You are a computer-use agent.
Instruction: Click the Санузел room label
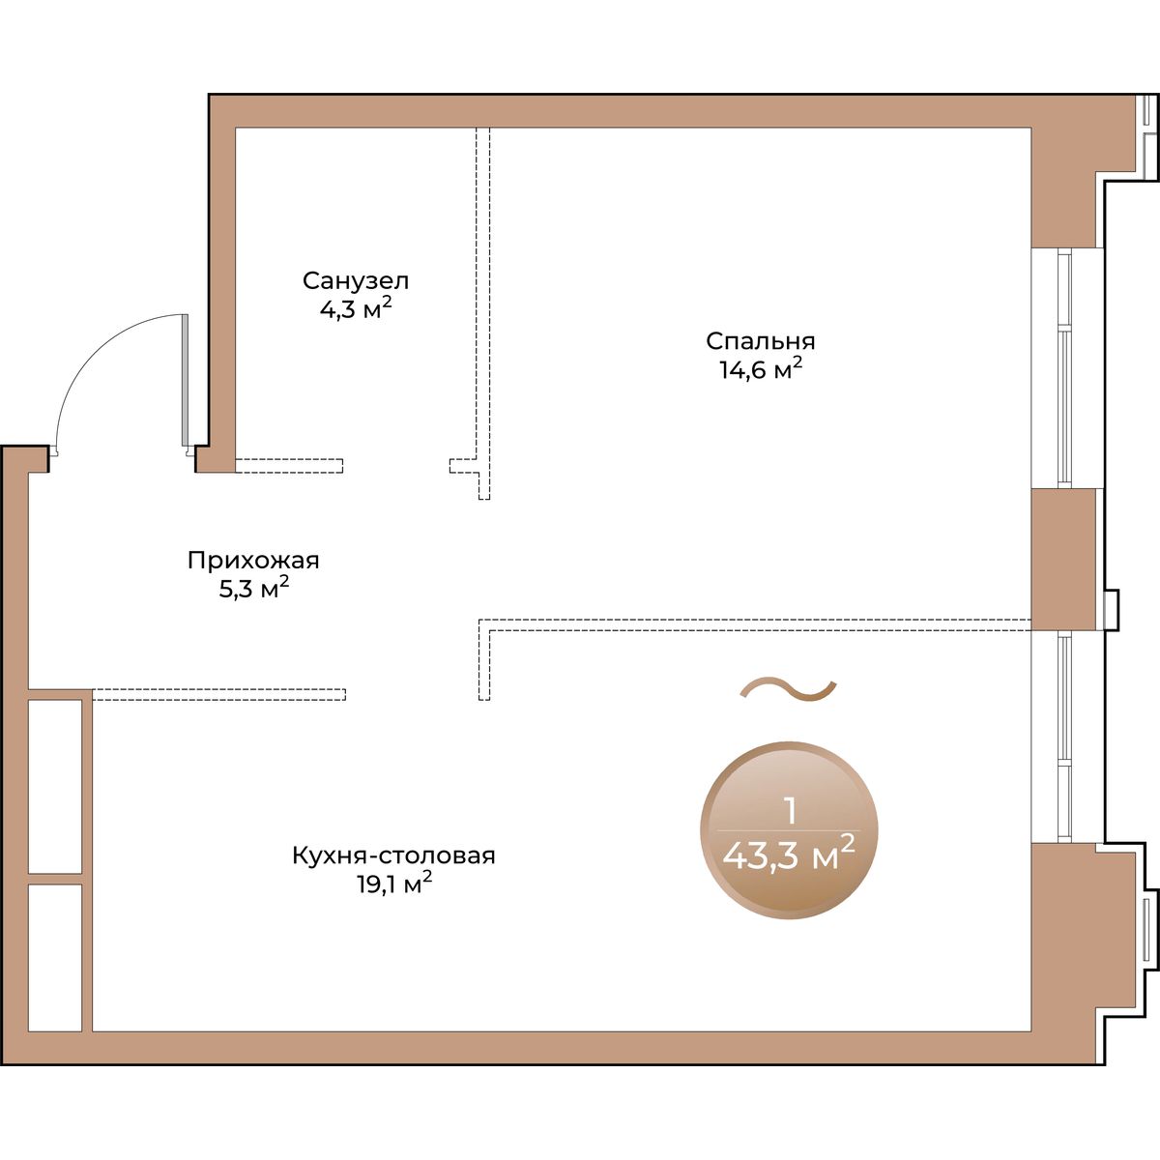[356, 280]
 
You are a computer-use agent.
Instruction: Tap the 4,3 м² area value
[356, 308]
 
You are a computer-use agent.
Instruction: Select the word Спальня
[761, 341]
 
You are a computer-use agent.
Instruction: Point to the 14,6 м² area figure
[761, 369]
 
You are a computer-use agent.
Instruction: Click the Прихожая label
[253, 561]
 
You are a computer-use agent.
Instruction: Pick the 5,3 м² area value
[253, 588]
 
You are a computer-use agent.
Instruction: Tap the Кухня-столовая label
[393, 855]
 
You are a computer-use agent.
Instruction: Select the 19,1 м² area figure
[394, 884]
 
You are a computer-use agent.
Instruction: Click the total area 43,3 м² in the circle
[789, 855]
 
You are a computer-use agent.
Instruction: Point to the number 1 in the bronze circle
[791, 812]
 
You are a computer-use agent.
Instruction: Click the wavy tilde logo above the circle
[788, 690]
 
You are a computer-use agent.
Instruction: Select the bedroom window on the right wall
[1064, 367]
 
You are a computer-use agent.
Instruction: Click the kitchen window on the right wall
[1064, 737]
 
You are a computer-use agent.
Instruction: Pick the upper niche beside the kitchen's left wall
[55, 786]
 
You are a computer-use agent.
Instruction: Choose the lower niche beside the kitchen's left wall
[55, 958]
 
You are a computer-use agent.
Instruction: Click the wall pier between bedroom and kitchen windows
[1063, 559]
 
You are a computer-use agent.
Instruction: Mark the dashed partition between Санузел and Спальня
[482, 313]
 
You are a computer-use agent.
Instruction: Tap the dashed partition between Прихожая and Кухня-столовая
[219, 695]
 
